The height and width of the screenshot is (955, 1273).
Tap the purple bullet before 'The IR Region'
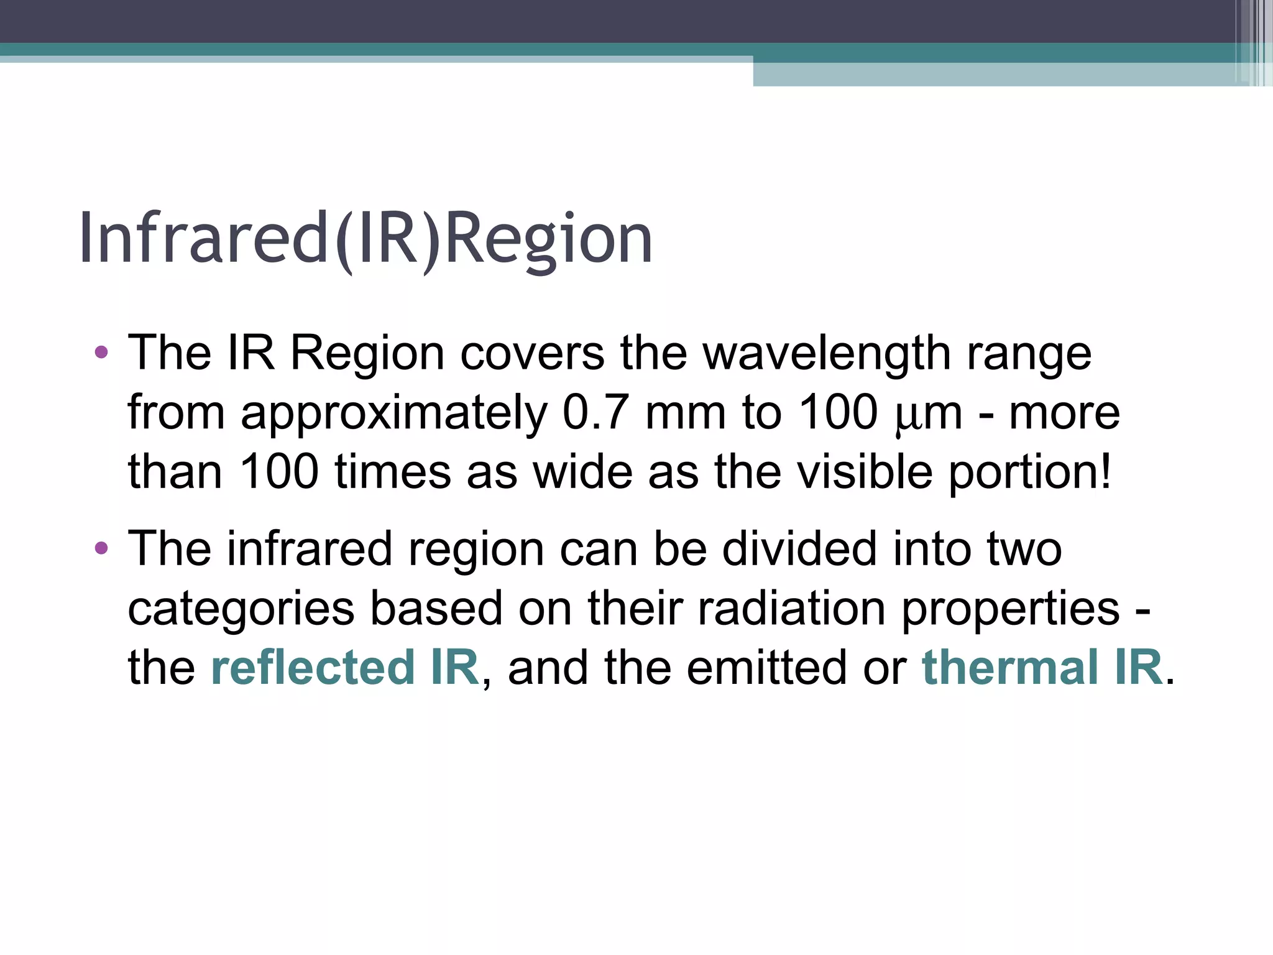click(101, 353)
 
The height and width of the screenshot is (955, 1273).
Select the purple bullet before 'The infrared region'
click(101, 548)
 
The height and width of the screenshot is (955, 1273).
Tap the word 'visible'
click(865, 472)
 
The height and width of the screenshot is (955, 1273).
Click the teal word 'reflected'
click(313, 667)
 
